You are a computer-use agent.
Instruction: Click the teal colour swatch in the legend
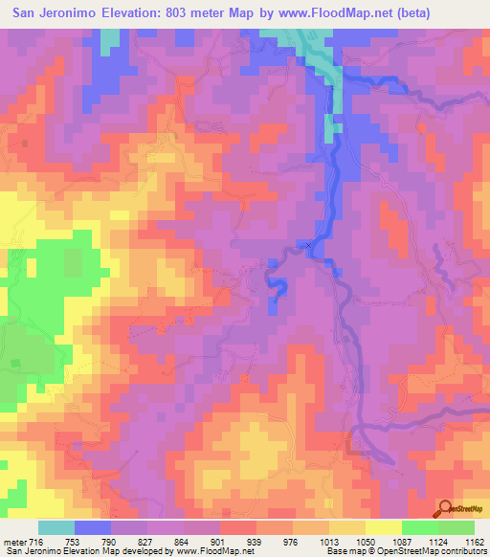[56, 527]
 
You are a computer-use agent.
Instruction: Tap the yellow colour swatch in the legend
[382, 527]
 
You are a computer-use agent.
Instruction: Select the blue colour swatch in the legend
[93, 527]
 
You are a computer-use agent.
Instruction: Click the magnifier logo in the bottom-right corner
[445, 508]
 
